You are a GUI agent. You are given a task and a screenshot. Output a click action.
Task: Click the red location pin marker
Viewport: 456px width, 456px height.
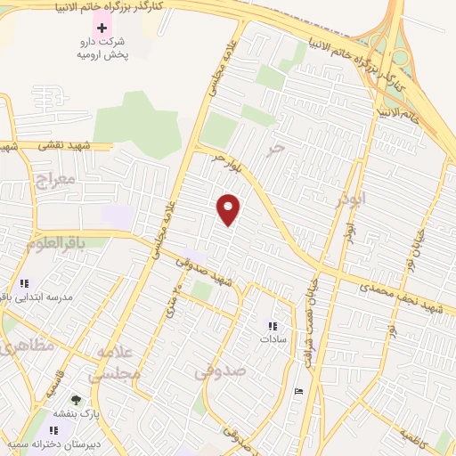[x=229, y=208]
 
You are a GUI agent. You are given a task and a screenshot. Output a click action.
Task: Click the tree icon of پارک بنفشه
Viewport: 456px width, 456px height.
[x=76, y=400]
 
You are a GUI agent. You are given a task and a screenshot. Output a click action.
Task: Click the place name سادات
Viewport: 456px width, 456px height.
[x=272, y=339]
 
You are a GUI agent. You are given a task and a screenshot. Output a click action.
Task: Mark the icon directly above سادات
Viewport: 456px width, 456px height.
[x=272, y=326]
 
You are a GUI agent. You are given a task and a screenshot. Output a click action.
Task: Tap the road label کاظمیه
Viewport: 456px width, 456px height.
[x=414, y=437]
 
